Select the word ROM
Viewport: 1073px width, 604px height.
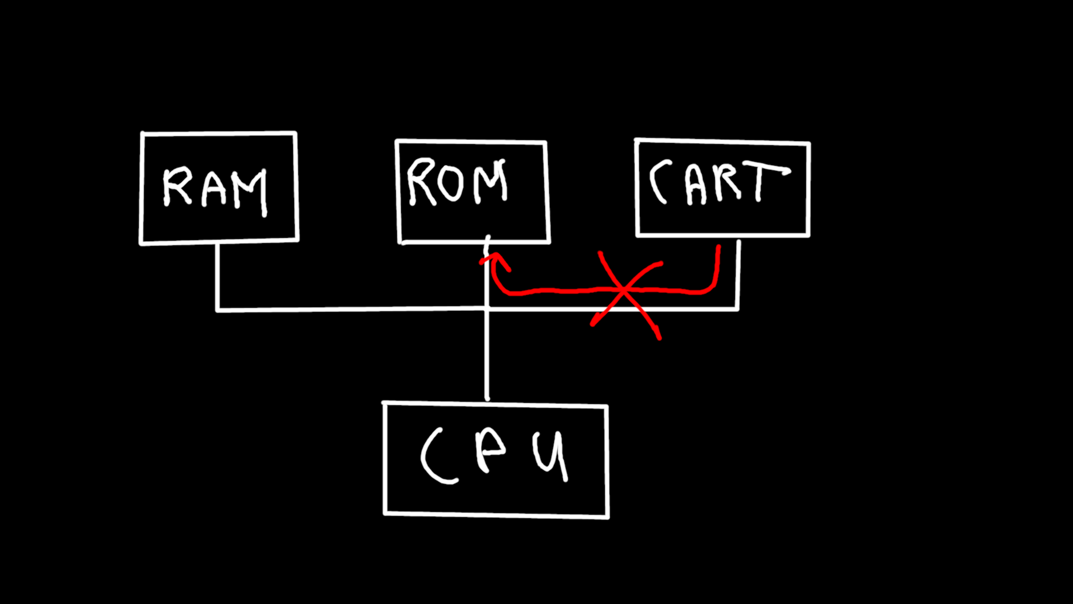(x=457, y=182)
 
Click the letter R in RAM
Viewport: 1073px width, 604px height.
(x=177, y=187)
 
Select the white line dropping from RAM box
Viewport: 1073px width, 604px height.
(x=217, y=277)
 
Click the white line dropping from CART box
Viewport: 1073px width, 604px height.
(x=738, y=274)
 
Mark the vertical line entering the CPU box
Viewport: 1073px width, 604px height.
(x=487, y=358)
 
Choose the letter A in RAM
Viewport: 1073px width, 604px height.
(x=214, y=190)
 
